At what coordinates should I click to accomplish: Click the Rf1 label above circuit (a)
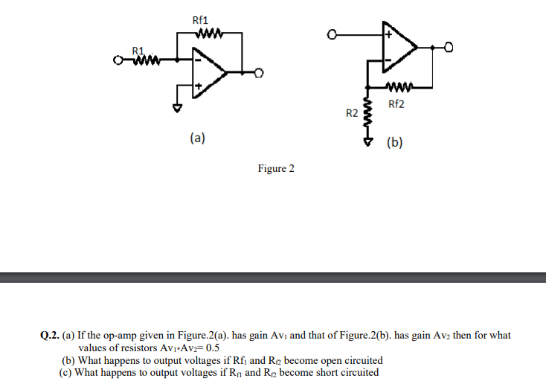point(200,20)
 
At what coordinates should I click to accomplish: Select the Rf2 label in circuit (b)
point(396,103)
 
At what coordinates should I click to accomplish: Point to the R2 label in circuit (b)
point(352,113)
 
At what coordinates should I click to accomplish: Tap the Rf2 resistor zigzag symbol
point(399,86)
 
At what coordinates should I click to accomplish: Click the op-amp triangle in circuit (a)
point(207,72)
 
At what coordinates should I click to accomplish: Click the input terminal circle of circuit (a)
point(118,60)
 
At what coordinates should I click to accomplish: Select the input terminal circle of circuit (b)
point(333,33)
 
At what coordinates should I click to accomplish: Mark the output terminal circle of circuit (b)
point(449,48)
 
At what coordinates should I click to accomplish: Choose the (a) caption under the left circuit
point(197,138)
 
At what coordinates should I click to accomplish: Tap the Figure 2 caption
point(276,169)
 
